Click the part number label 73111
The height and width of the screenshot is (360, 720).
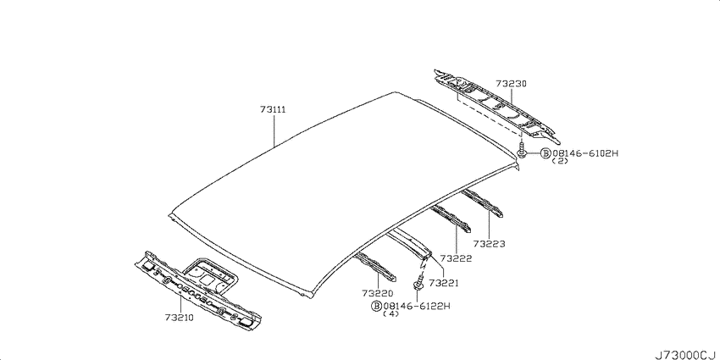274,110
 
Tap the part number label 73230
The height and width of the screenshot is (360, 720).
511,84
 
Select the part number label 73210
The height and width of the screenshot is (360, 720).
180,318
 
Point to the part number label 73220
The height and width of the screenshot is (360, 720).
378,293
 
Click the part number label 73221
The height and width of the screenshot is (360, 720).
444,283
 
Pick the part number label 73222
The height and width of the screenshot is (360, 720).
456,258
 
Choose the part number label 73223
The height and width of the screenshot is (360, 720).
490,244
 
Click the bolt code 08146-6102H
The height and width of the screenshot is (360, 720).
585,153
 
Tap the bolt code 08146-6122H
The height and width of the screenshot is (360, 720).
417,306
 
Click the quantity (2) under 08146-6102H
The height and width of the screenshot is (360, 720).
560,161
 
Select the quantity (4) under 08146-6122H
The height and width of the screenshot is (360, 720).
390,314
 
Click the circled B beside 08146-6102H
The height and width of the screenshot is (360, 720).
545,153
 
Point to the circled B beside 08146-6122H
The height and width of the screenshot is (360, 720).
377,306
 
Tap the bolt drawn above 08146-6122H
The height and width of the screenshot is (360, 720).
418,282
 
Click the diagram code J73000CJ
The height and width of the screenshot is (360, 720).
685,355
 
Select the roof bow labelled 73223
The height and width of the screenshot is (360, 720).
482,202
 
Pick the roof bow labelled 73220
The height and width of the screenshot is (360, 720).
375,267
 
